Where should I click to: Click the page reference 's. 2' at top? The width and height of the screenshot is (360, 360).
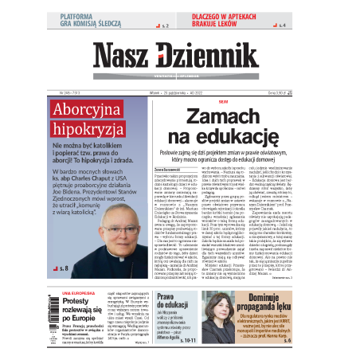(x=165, y=26)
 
